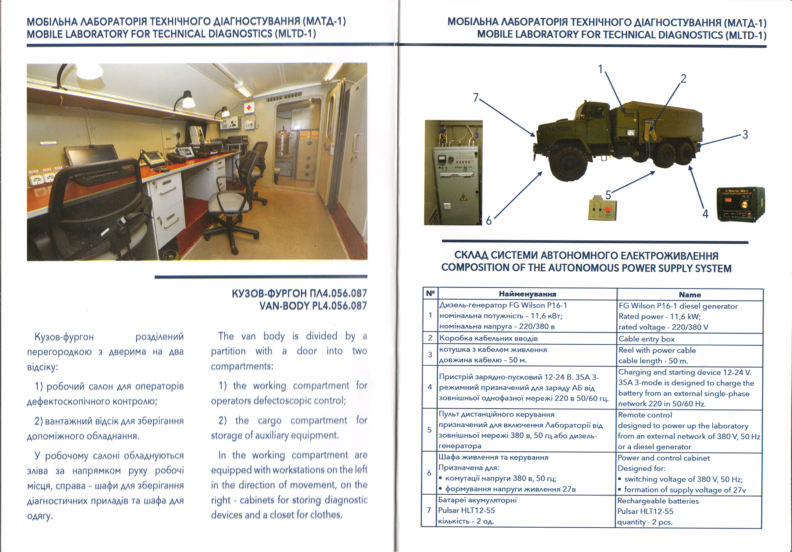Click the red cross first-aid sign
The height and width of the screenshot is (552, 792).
click(x=249, y=108)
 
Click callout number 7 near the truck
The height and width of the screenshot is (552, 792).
click(x=476, y=98)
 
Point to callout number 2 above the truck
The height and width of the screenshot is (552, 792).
click(x=683, y=78)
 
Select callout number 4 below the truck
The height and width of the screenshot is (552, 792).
click(x=705, y=214)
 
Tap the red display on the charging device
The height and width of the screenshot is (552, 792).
click(x=728, y=200)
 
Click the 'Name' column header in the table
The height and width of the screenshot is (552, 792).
click(x=690, y=295)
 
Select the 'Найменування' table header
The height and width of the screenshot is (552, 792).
click(x=527, y=294)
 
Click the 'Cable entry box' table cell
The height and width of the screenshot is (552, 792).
click(x=646, y=339)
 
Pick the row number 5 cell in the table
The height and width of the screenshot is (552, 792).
click(x=429, y=430)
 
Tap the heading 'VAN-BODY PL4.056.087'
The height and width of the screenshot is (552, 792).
click(x=313, y=306)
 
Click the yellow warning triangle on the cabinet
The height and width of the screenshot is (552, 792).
click(x=463, y=197)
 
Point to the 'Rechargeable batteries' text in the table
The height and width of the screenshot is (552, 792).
click(x=658, y=501)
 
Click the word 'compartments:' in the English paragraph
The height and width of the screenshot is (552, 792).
click(x=242, y=366)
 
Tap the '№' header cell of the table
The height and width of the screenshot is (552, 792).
click(x=430, y=294)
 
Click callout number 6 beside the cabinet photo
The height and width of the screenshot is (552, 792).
click(x=488, y=221)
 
